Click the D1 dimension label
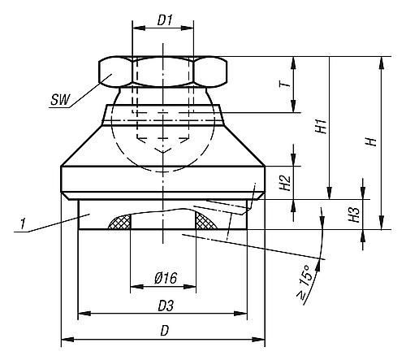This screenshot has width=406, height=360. click(165, 20)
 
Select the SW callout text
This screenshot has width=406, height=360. click(60, 100)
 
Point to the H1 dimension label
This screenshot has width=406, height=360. click(321, 126)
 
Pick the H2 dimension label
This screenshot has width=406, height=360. click(285, 183)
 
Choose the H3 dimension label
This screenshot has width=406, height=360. click(354, 215)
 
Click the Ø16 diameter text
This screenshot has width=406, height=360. click(166, 278)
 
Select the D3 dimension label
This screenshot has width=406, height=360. click(166, 306)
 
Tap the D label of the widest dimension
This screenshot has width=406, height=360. click(165, 331)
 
